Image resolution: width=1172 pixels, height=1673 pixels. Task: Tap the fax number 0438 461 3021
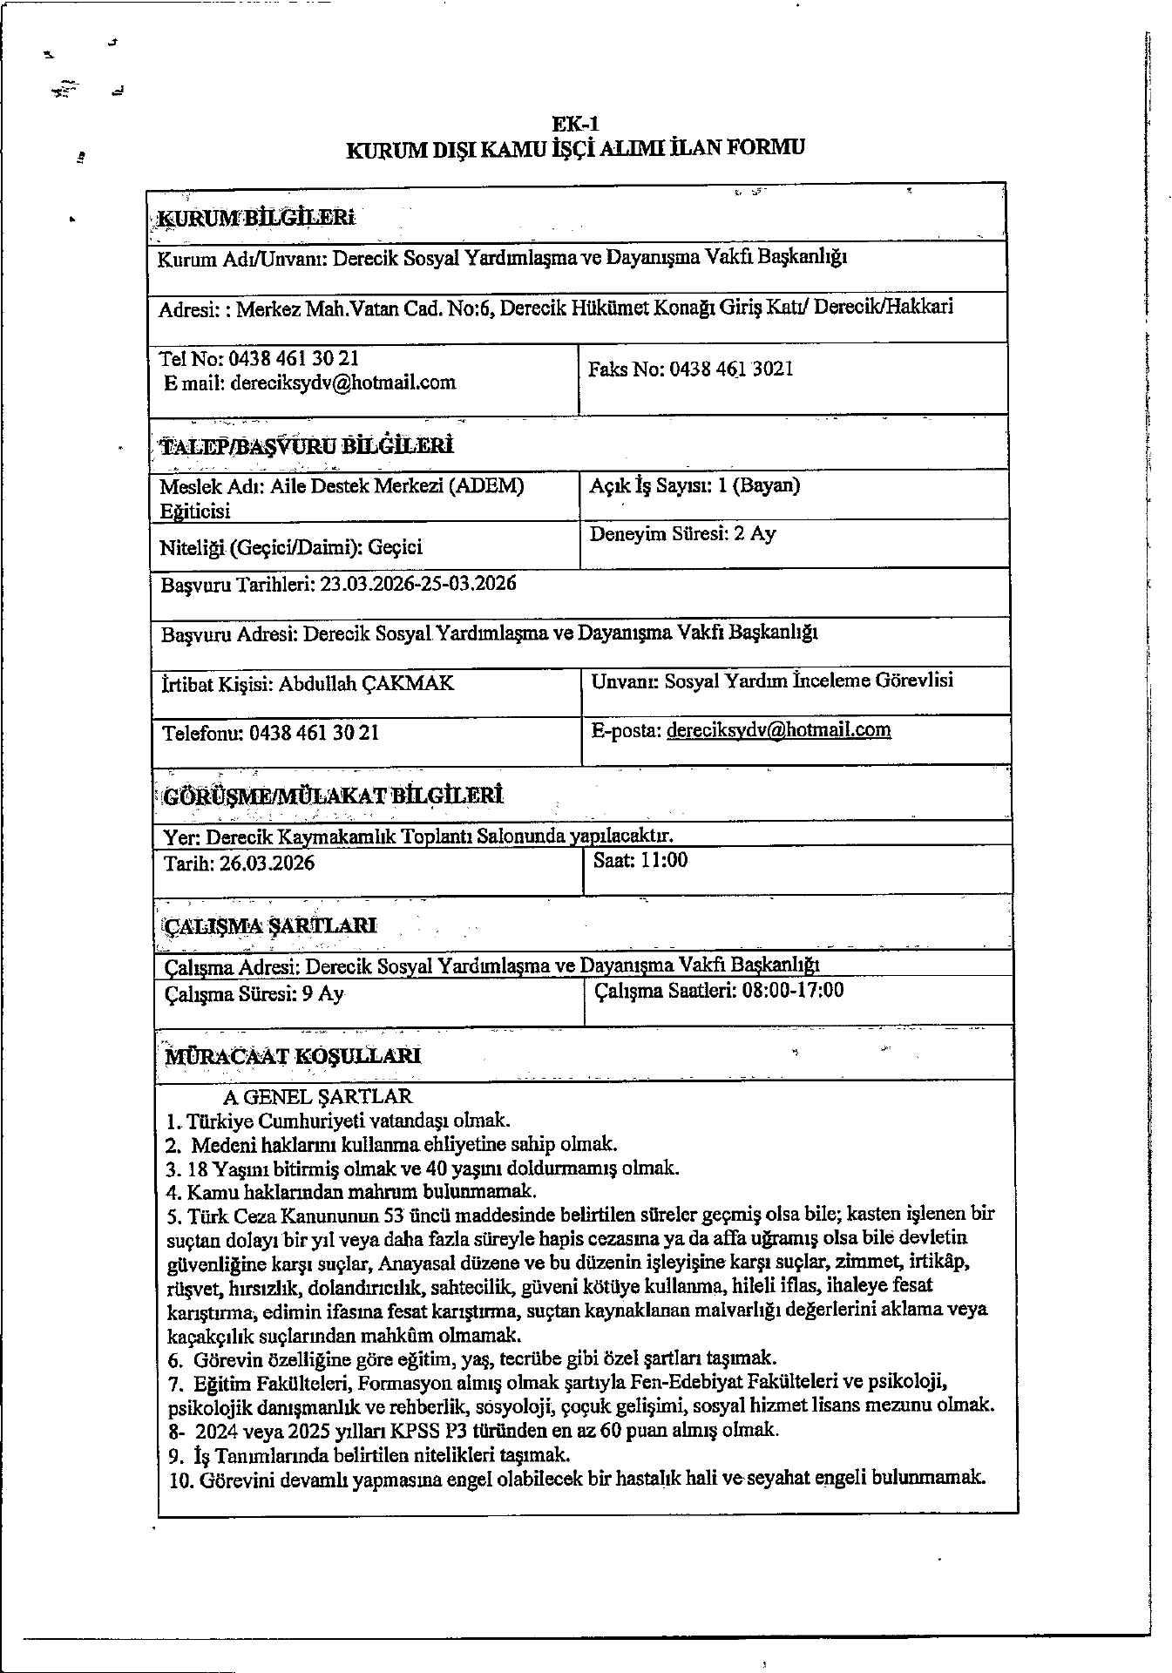point(731,369)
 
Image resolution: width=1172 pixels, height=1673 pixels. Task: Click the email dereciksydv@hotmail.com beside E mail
point(343,383)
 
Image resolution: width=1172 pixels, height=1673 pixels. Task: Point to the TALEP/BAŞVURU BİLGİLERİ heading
point(306,447)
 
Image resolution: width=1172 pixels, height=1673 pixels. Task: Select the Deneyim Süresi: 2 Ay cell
point(682,534)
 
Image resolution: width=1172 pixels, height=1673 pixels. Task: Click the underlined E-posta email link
point(778,730)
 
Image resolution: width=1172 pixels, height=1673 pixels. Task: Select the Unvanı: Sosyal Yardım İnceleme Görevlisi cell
point(771,681)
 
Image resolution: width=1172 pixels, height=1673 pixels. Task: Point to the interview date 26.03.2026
point(267,864)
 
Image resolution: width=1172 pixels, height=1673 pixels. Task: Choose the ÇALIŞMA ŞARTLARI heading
point(270,925)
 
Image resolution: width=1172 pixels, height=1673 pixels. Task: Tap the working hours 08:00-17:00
point(792,990)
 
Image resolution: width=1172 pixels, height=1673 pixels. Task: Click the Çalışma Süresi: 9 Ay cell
point(254,994)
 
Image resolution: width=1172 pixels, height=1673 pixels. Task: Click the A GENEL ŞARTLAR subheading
point(318,1097)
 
